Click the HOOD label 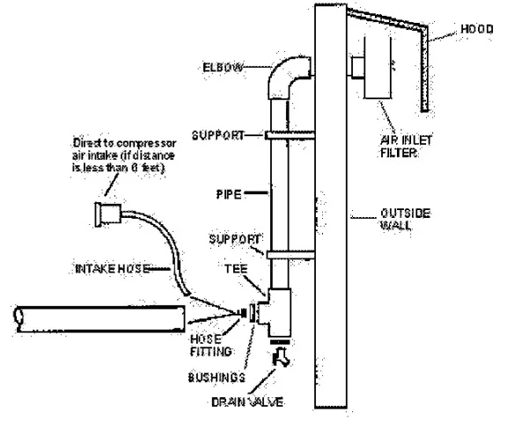[x=476, y=29]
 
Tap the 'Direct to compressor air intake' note [x=133, y=154]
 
